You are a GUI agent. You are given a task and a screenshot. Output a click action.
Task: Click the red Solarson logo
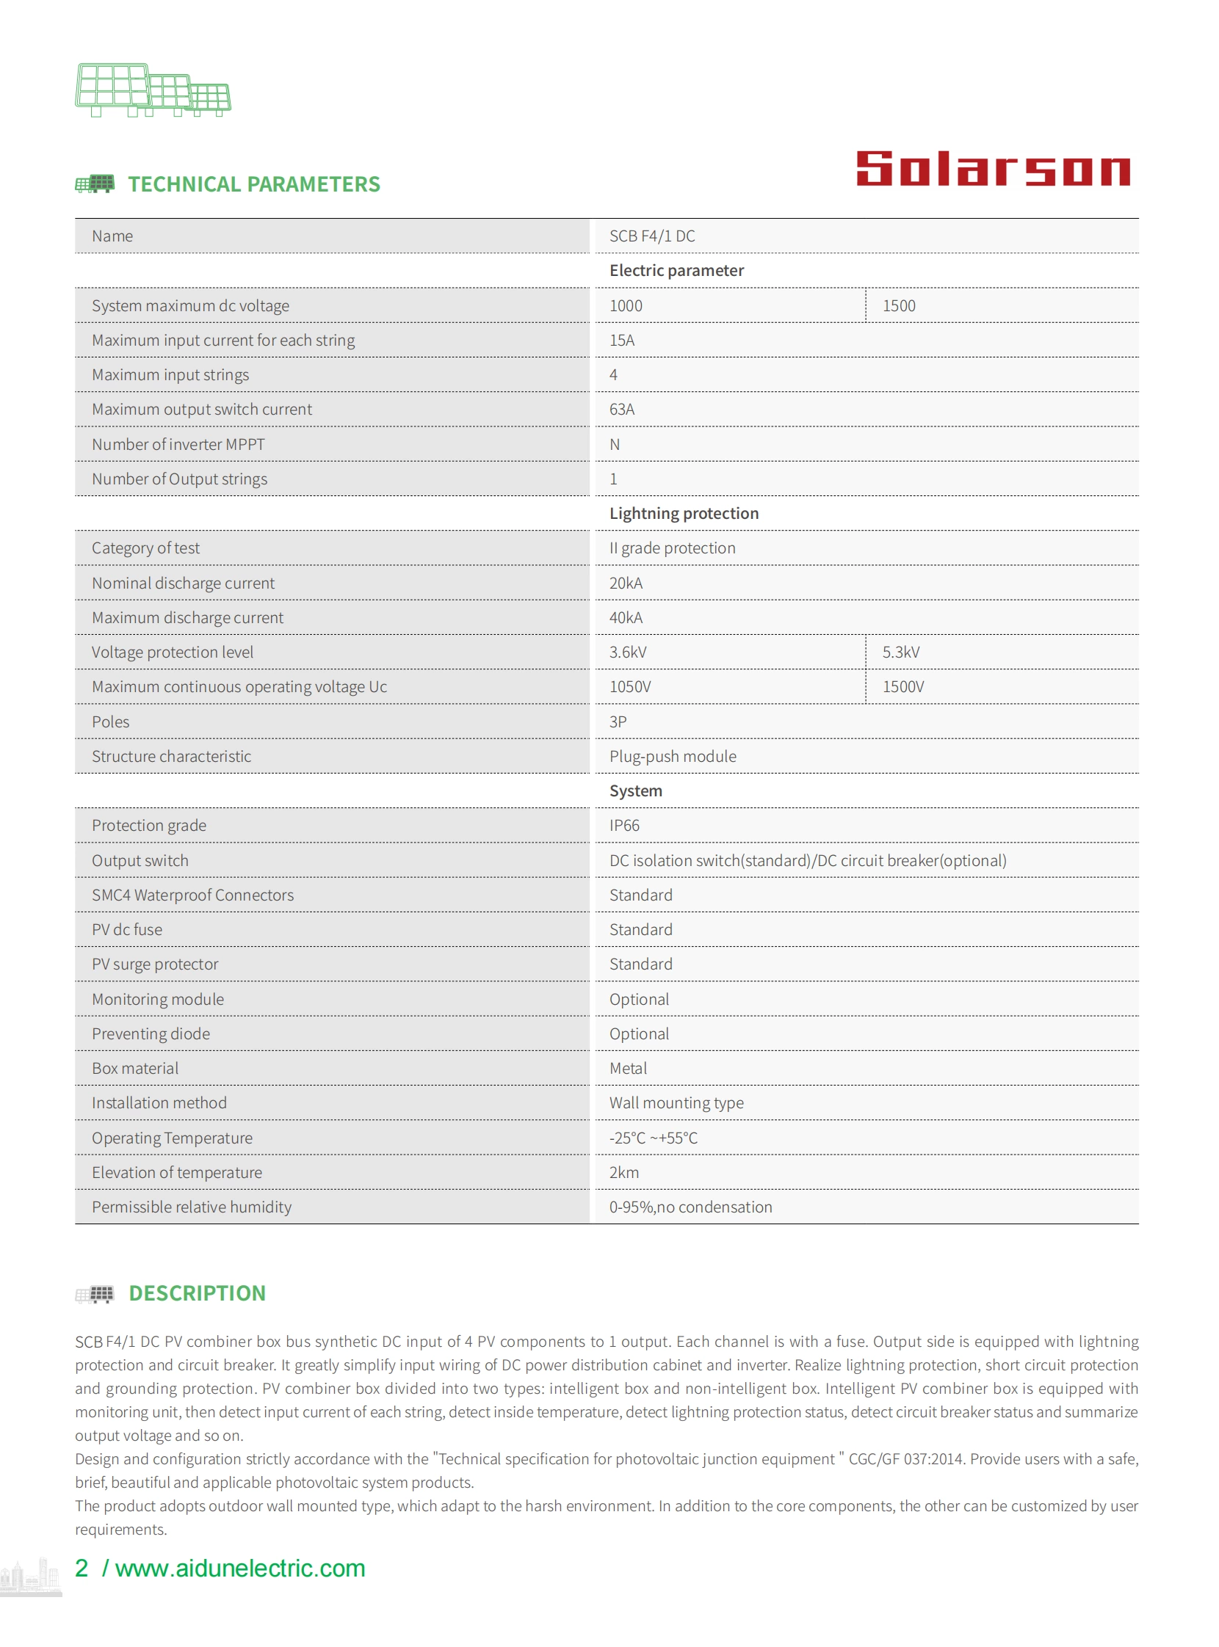point(992,169)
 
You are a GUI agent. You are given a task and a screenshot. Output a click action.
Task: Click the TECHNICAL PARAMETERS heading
point(254,184)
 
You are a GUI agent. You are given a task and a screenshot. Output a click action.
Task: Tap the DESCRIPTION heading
point(197,1293)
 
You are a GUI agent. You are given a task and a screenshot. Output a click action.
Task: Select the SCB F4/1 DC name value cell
point(651,236)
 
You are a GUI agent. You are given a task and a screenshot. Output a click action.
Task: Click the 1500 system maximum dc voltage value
point(899,306)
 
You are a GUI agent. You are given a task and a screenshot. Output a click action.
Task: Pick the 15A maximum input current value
point(621,341)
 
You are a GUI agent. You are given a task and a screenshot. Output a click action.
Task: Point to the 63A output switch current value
point(621,410)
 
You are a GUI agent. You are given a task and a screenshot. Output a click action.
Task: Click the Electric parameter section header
point(676,271)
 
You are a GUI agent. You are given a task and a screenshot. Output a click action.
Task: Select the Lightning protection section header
point(683,513)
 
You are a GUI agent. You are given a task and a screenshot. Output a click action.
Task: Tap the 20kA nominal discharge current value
point(626,583)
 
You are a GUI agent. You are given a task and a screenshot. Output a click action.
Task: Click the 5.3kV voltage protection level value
point(901,652)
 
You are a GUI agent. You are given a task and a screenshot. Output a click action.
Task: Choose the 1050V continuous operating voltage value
point(629,688)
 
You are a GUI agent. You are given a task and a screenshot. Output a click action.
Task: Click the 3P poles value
point(618,722)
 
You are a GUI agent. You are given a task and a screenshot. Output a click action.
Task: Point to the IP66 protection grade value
point(624,826)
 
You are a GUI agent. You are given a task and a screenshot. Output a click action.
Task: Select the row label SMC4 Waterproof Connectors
point(192,895)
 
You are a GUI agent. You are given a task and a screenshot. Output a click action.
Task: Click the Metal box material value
point(628,1069)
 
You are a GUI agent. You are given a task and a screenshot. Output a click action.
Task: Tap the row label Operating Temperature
point(172,1138)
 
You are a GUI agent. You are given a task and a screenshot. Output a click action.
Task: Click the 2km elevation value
point(623,1173)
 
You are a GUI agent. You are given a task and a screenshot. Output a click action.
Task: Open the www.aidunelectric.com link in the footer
point(240,1568)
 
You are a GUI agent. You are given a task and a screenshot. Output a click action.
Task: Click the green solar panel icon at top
point(153,90)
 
